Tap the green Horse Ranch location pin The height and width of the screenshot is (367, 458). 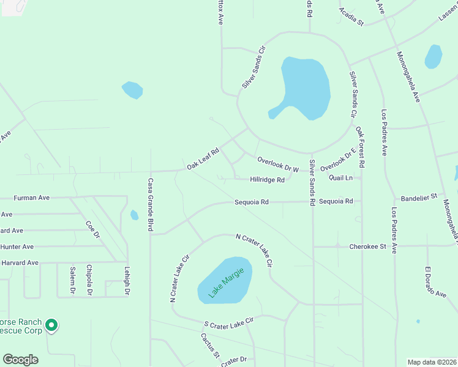[52, 325]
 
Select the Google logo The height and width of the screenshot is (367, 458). [21, 360]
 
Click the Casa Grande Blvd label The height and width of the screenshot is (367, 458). [150, 205]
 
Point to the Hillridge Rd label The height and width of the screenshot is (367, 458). [267, 180]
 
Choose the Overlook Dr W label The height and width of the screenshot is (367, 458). [278, 164]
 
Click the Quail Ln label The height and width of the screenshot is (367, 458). [340, 178]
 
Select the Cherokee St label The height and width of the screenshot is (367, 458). [367, 247]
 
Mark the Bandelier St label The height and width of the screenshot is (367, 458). [418, 198]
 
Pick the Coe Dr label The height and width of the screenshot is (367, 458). [92, 230]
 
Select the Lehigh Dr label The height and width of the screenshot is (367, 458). [127, 282]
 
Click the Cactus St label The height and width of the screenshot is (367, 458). [209, 345]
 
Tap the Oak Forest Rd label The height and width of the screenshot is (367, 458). [361, 147]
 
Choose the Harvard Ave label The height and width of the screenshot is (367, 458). [20, 262]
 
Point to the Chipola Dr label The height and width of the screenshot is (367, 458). [89, 280]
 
